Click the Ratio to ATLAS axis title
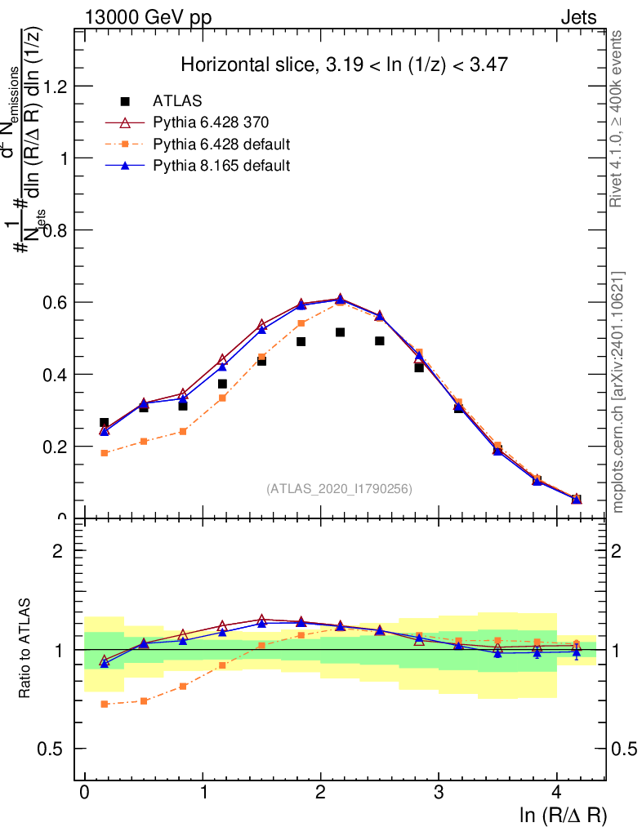(x=26, y=649)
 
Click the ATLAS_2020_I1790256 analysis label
(x=339, y=489)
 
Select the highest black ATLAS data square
(x=340, y=332)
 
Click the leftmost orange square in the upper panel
(x=105, y=453)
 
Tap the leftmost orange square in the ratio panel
(x=105, y=704)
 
